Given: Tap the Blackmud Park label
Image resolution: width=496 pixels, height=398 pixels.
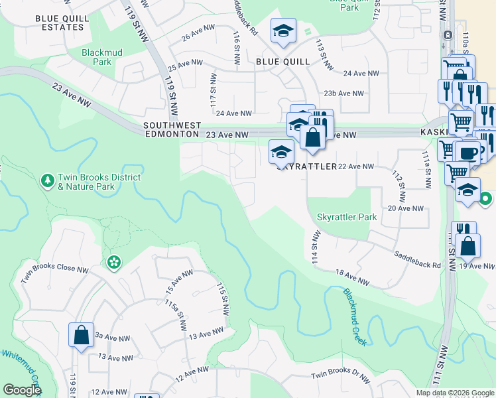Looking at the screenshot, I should [97, 56].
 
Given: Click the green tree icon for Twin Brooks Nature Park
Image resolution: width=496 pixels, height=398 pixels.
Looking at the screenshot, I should [47, 180].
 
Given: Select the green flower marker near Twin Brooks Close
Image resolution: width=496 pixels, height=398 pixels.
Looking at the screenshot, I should [114, 263].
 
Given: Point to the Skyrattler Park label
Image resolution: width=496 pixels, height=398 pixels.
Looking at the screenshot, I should [346, 217].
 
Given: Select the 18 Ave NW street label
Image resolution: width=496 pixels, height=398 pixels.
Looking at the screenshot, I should [351, 278].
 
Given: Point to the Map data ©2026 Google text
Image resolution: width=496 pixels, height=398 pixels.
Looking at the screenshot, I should [455, 393].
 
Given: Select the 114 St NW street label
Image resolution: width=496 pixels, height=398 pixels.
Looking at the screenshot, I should [316, 249].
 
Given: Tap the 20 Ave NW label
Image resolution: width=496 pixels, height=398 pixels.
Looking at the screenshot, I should [405, 208].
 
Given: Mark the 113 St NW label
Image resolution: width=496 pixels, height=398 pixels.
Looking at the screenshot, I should [322, 56].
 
